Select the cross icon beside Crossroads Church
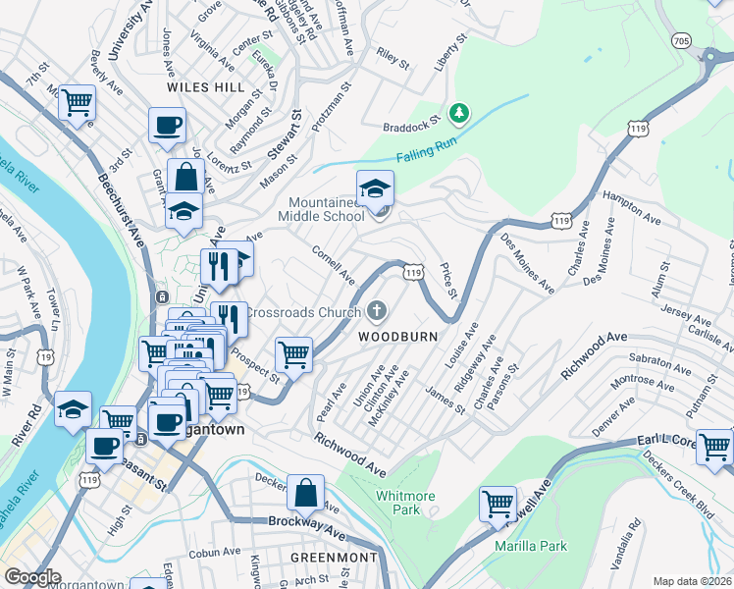coord(376,312)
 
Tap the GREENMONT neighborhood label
coord(335,557)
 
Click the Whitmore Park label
coord(405,503)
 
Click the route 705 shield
coord(681,41)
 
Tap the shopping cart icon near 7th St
coord(76,101)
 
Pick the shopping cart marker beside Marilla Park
coord(498,504)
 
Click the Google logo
coord(33,577)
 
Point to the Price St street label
coord(448,280)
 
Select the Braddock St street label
coord(408,126)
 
